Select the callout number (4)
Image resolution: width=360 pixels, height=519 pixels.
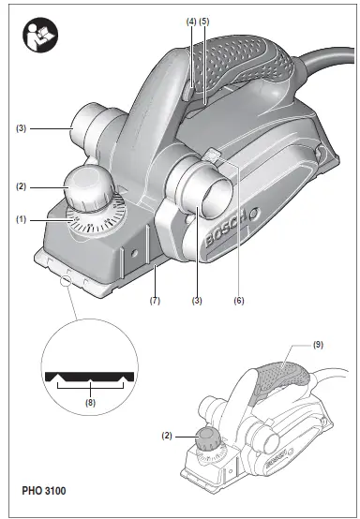pos(191,20)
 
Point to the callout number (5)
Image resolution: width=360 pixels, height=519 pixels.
pos(205,20)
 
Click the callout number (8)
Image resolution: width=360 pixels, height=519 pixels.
pos(89,404)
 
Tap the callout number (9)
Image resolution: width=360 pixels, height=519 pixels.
pos(317,345)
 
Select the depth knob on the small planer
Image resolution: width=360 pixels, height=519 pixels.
pos(205,437)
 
